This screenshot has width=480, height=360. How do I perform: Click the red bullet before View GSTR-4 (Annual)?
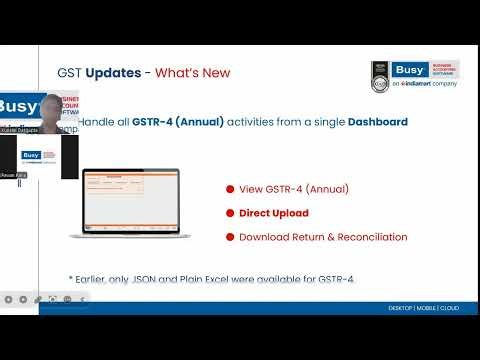(230, 189)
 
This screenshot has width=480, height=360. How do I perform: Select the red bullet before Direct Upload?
(230, 213)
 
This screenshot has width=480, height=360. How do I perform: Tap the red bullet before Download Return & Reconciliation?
(230, 237)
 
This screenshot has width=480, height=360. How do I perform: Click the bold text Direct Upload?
(274, 213)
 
